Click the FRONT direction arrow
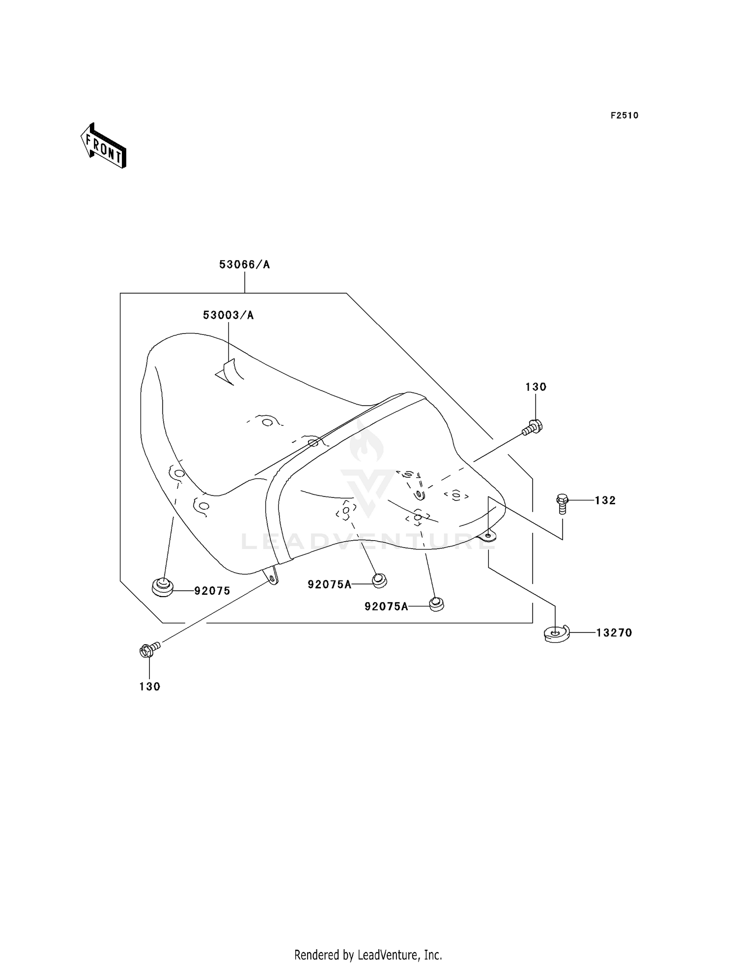(x=103, y=146)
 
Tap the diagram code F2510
(x=624, y=115)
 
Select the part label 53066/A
(x=245, y=265)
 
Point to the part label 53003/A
(x=228, y=315)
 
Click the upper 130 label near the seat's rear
(x=536, y=387)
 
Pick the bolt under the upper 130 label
(x=532, y=427)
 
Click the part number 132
(x=605, y=500)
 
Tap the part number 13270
(x=614, y=633)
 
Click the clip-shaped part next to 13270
(x=556, y=633)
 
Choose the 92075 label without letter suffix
(x=212, y=591)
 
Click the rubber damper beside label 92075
(x=163, y=587)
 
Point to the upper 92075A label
(x=330, y=584)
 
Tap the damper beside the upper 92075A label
(x=379, y=580)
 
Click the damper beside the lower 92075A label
(x=436, y=604)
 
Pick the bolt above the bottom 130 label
(x=150, y=650)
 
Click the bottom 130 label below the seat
(x=150, y=687)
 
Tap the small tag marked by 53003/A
(x=229, y=372)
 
